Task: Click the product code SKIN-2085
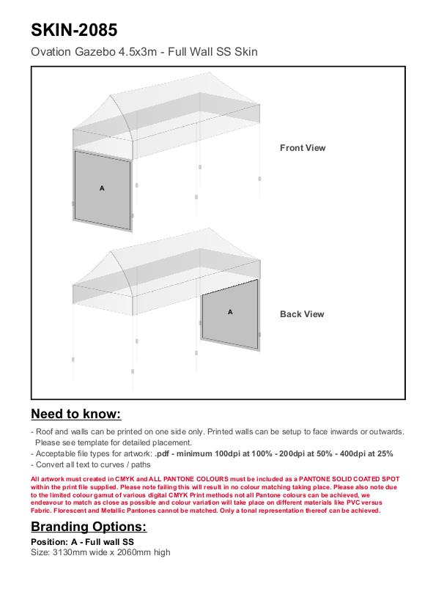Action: tap(74, 30)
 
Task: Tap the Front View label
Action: tap(303, 148)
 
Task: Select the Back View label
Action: tap(302, 314)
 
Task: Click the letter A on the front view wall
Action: tap(102, 188)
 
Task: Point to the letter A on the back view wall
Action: tap(230, 312)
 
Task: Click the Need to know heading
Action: tap(76, 414)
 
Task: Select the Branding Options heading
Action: tap(89, 527)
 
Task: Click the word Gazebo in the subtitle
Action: tap(95, 52)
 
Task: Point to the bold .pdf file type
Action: tap(162, 453)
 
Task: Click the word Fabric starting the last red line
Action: tap(41, 511)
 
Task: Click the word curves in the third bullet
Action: tap(104, 465)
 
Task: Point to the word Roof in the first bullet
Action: tap(45, 431)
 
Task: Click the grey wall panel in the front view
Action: tap(102, 190)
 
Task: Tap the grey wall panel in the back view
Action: tap(230, 315)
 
